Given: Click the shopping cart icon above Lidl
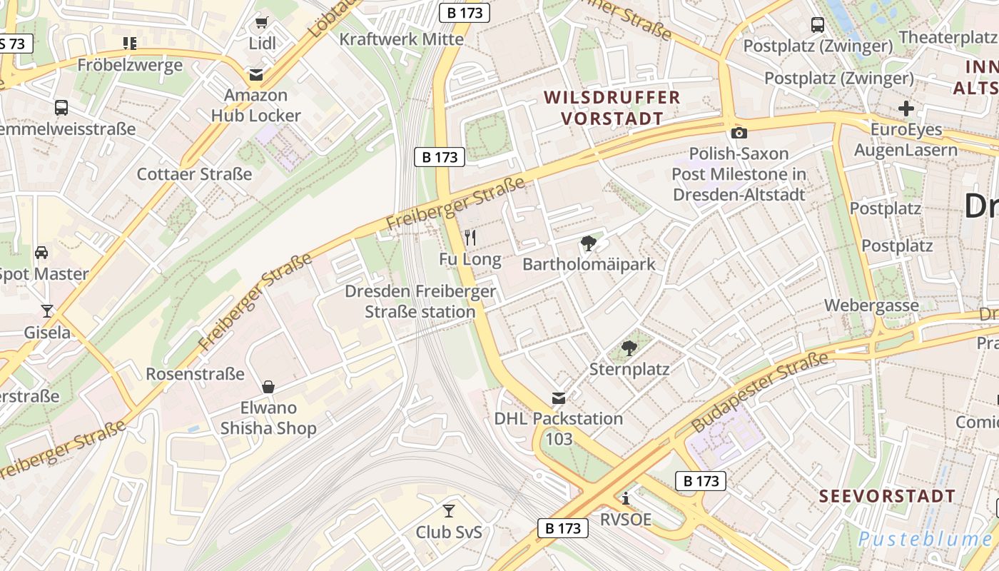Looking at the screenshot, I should [262, 23].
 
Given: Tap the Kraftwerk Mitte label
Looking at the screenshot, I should [401, 39].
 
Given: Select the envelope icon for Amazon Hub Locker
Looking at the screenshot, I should [255, 74].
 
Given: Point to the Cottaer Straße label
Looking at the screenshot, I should [194, 174].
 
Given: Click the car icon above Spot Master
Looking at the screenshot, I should [42, 253].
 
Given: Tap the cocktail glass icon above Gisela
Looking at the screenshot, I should [47, 310].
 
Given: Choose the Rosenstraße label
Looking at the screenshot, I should [195, 374].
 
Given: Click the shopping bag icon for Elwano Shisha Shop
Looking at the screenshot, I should [268, 387].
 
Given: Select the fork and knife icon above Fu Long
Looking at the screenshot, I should [470, 238].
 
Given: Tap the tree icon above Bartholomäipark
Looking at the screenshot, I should [589, 243].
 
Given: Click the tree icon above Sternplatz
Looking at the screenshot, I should [629, 348].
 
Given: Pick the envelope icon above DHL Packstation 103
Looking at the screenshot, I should [559, 398].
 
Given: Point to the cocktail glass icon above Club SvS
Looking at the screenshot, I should [449, 510].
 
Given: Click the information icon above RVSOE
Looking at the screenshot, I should [626, 498].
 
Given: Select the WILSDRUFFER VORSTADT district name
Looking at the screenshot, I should [612, 108].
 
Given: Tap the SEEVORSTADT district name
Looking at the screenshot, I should [887, 496].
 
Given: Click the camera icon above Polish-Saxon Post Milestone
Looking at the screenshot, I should [739, 133].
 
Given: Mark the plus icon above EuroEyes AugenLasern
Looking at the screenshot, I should [906, 108].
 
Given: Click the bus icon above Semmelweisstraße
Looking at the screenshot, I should [61, 108].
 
